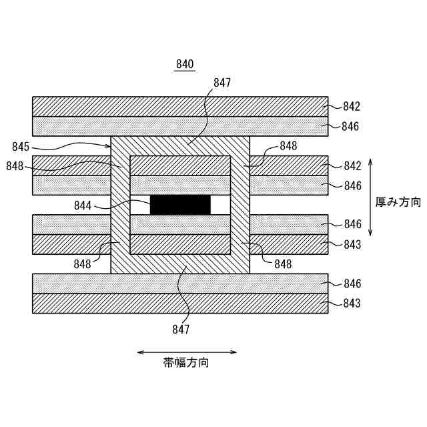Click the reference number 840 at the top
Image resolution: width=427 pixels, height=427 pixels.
184,65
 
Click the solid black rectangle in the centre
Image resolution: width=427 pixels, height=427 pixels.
180,205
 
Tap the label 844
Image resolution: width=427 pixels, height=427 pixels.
83,206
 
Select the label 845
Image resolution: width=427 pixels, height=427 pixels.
21,146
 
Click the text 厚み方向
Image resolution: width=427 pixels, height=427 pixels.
398,202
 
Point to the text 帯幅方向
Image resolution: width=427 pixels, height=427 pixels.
186,364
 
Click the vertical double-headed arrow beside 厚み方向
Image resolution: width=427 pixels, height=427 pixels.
370,197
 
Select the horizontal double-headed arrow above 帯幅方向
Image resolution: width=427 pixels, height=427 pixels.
186,352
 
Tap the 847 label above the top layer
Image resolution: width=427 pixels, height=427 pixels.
222,83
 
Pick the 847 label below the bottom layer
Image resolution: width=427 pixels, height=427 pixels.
180,329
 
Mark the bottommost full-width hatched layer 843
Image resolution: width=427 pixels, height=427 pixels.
180,304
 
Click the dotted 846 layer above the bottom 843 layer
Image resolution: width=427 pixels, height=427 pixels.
180,284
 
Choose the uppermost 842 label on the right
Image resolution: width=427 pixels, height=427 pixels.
352,106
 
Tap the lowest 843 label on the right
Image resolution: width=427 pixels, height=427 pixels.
352,304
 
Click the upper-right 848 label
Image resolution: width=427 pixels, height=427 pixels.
288,146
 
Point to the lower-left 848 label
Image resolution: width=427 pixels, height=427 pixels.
83,264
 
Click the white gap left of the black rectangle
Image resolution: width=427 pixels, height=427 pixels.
140,205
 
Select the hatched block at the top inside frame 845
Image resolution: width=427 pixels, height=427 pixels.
180,165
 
